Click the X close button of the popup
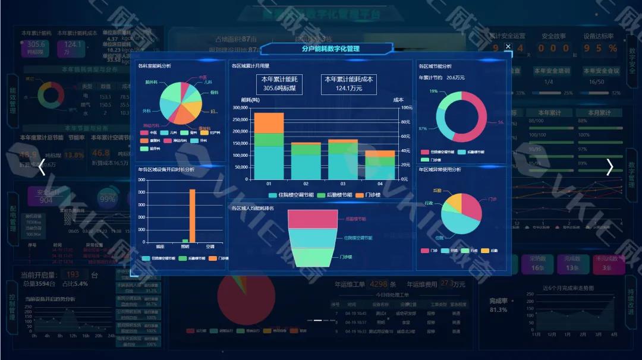point(508,46)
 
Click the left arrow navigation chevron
point(42,168)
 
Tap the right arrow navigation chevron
point(609,168)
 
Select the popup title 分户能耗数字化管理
point(331,49)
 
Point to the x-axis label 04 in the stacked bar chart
point(373,184)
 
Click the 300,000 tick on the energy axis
point(240,108)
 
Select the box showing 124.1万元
point(349,84)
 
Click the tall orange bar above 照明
point(192,215)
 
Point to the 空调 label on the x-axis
point(210,246)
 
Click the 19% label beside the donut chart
point(433,91)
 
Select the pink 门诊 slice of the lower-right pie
point(470,206)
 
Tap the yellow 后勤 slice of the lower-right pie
point(453,201)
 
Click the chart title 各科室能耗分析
point(154,66)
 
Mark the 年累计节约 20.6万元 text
point(442,77)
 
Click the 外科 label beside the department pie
point(146,110)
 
